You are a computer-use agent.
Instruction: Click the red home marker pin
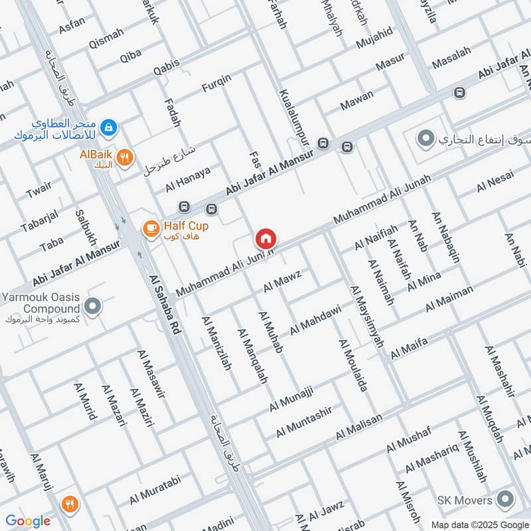tap(265, 238)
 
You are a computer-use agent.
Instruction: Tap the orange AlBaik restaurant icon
tap(124, 157)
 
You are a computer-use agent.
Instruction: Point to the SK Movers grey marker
tap(506, 500)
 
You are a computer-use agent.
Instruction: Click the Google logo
tap(28, 521)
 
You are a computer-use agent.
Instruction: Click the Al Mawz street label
tap(282, 281)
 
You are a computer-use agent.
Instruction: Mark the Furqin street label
tap(216, 87)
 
